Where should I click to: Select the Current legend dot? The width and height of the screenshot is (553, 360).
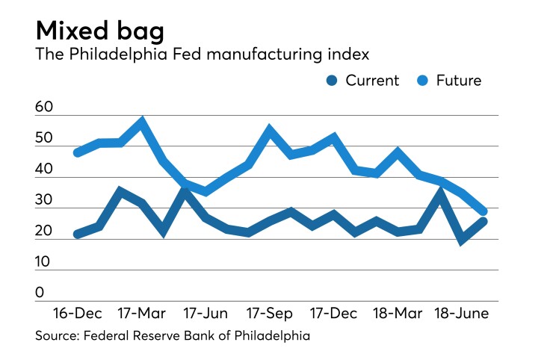pos(331,81)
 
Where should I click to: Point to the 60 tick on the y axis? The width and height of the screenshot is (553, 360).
pos(44,108)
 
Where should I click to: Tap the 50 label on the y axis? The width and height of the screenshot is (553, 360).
pos(44,139)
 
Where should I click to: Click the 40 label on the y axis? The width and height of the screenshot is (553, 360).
pos(44,170)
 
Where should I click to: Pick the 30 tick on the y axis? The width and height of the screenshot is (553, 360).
pos(44,201)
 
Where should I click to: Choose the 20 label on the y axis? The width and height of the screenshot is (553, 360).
pos(44,232)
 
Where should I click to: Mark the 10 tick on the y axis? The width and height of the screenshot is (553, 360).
pos(44,262)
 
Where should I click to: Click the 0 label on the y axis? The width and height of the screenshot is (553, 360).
pos(40,293)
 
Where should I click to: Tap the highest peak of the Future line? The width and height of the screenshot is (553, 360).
pos(141,121)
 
